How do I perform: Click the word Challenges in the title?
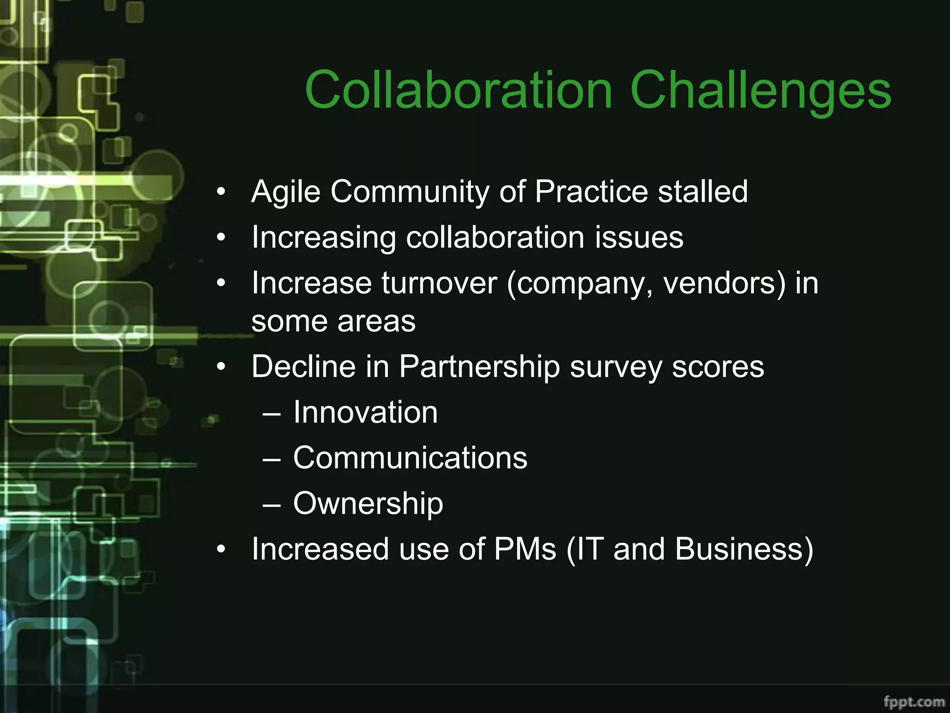click(760, 91)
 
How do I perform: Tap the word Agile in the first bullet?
click(285, 192)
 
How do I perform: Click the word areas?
click(376, 321)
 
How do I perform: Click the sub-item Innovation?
click(365, 412)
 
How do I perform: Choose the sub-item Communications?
click(410, 458)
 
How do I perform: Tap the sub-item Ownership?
click(368, 504)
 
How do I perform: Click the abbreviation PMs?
click(525, 549)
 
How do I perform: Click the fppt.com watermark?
click(914, 701)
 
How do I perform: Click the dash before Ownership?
click(271, 505)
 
